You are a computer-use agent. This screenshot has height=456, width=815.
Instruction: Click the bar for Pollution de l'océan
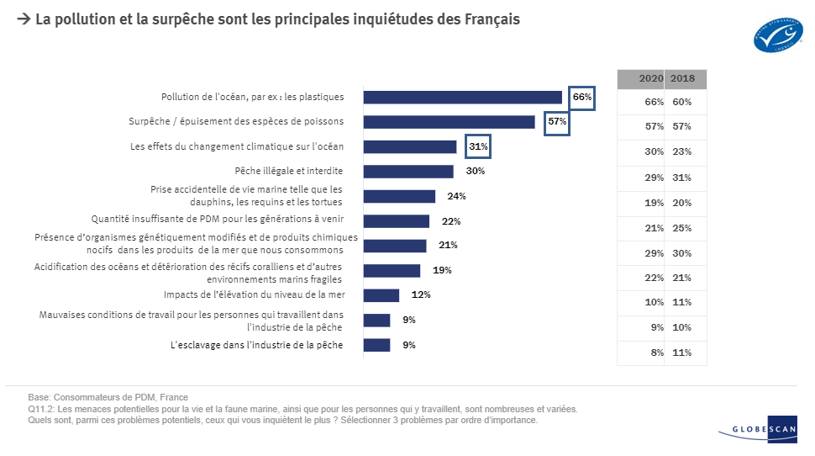(462, 97)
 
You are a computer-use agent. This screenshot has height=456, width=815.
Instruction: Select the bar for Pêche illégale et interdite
(408, 172)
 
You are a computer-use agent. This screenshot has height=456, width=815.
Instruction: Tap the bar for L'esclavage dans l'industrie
(376, 345)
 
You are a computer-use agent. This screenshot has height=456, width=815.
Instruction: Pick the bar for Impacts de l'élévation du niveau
(381, 295)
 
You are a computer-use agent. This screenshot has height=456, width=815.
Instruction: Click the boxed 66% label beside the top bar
(582, 97)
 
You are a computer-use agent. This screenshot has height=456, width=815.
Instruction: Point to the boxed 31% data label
(478, 147)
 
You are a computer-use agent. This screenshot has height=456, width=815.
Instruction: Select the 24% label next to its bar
(456, 196)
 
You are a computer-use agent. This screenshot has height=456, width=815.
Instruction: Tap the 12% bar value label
(421, 295)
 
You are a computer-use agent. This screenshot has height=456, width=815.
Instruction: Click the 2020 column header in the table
(651, 78)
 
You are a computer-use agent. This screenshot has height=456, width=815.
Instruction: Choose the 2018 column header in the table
(682, 78)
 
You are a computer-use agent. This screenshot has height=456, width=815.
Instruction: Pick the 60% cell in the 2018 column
(682, 102)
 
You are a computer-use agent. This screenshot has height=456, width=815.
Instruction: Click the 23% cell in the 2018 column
(682, 152)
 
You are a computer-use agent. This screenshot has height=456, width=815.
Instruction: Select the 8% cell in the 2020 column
(654, 353)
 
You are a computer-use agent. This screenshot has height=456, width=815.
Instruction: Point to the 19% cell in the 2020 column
(653, 203)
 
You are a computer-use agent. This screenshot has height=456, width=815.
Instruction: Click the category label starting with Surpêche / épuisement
(236, 122)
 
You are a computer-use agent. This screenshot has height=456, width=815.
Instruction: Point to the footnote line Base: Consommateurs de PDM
(108, 397)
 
